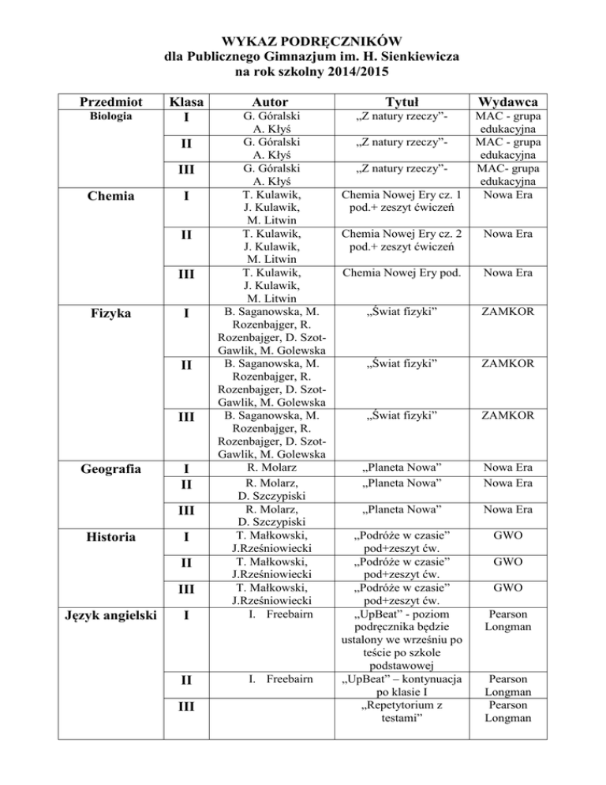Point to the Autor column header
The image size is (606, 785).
tap(266, 102)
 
